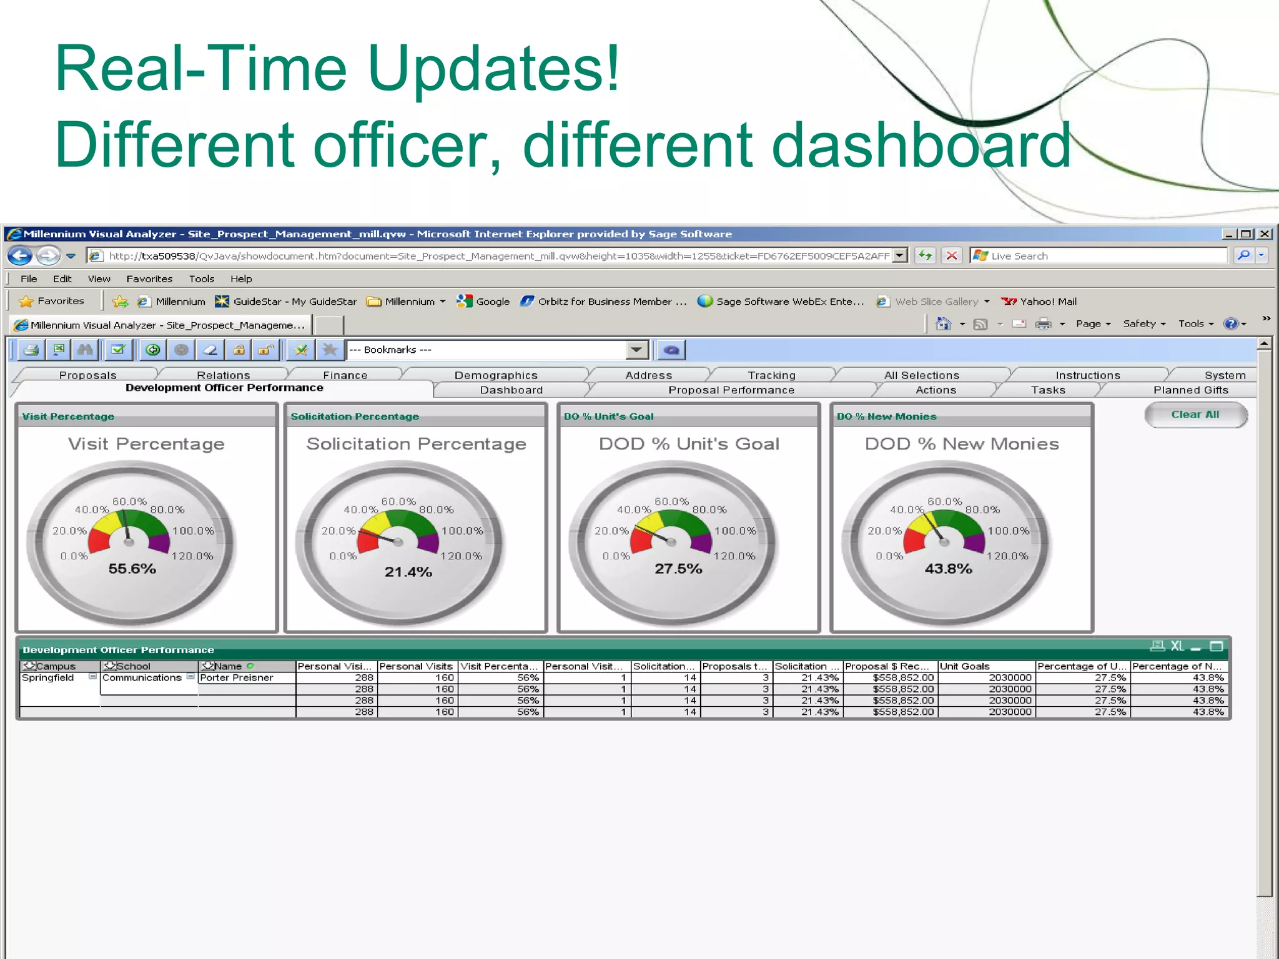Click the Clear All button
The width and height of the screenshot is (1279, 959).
click(1195, 415)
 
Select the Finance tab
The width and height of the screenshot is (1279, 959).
click(345, 375)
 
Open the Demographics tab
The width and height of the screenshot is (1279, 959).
click(496, 375)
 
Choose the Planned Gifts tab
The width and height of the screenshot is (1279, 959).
click(1190, 390)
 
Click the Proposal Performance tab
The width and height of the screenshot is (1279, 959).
click(731, 390)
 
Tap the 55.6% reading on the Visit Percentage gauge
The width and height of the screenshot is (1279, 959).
click(132, 569)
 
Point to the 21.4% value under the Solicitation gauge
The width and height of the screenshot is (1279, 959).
click(408, 572)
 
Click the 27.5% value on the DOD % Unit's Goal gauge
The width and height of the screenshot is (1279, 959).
click(678, 569)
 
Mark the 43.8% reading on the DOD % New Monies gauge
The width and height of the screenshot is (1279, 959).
click(948, 569)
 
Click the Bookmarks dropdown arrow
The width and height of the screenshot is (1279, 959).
click(636, 350)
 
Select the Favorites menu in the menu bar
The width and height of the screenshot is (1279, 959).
click(149, 279)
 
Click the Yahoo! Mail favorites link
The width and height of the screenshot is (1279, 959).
click(1047, 302)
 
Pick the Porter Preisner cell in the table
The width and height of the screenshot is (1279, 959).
click(237, 678)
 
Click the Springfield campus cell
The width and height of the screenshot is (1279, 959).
click(48, 678)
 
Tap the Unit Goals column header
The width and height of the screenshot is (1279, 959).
click(965, 667)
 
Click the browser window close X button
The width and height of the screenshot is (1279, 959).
click(1265, 234)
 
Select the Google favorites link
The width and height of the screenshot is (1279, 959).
click(492, 302)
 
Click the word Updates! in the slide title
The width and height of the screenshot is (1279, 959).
click(493, 69)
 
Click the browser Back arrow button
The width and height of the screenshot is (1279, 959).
click(20, 256)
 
